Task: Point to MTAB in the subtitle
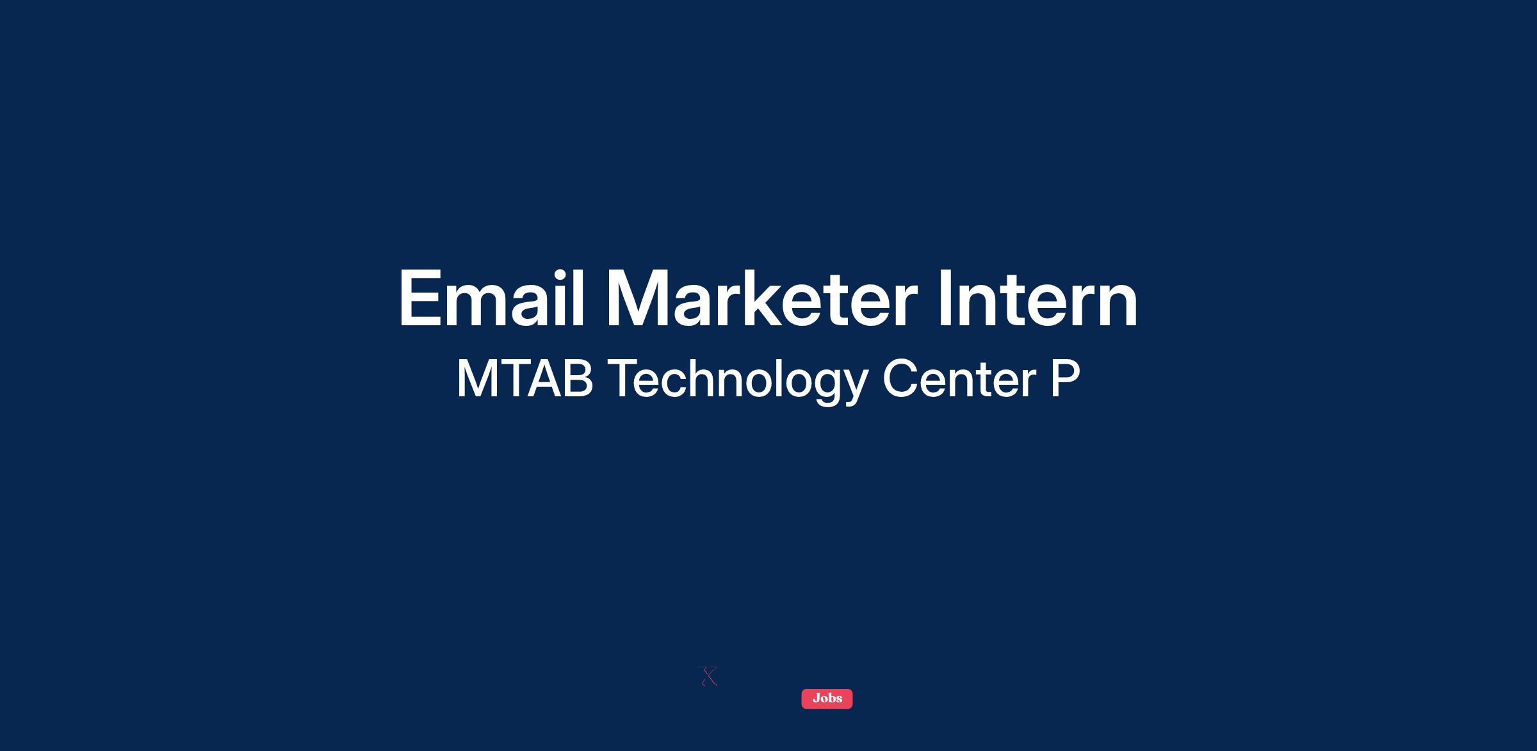pos(525,378)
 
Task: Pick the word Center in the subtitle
pos(959,378)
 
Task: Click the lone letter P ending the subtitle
pos(1065,378)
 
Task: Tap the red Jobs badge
pos(827,699)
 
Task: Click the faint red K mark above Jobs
pos(707,676)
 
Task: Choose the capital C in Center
pos(900,378)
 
